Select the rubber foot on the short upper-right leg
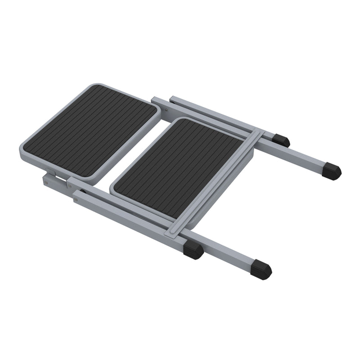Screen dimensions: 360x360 (x=282, y=140)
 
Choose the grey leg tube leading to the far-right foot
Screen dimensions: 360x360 (x=301, y=157)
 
